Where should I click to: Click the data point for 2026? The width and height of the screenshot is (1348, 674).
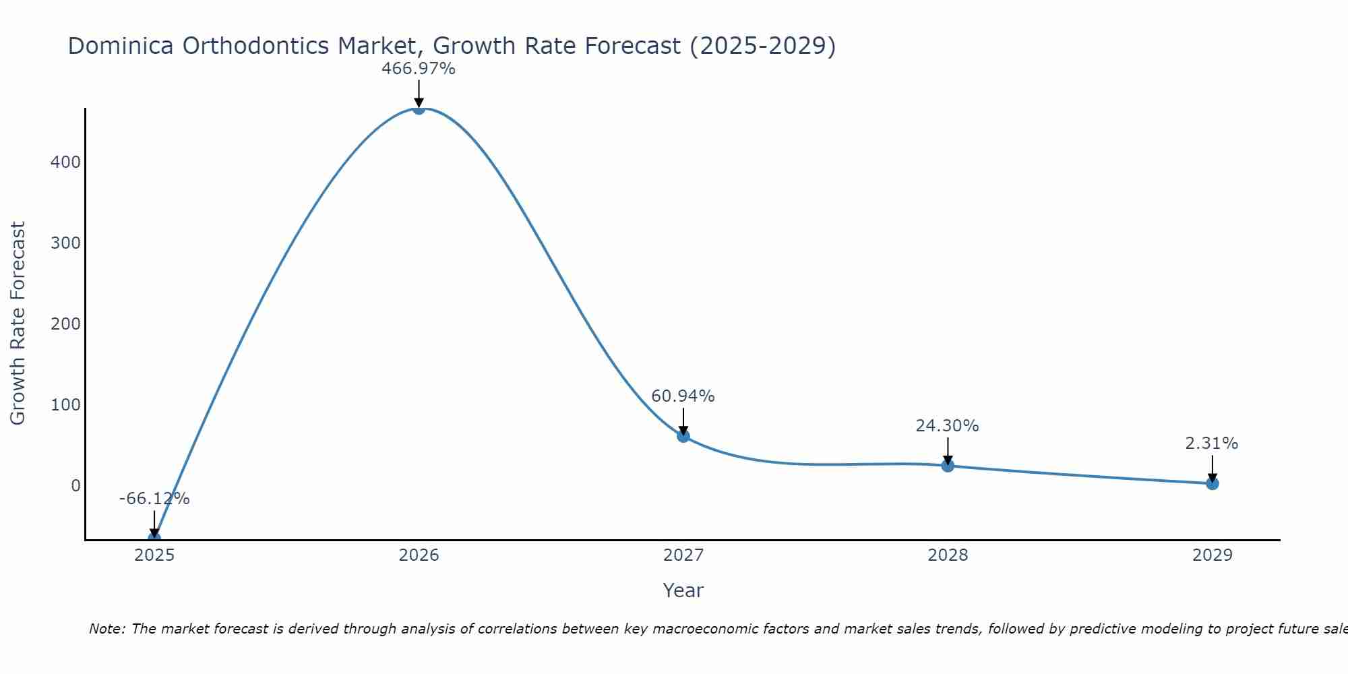(x=419, y=109)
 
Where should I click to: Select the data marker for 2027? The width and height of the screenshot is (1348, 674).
(x=683, y=436)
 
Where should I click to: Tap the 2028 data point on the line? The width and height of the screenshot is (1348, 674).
(x=948, y=466)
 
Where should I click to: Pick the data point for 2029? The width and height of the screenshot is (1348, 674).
(x=1212, y=483)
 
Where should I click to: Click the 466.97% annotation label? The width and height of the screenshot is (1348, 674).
(x=419, y=69)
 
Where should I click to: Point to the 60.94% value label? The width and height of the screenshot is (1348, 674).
(x=683, y=396)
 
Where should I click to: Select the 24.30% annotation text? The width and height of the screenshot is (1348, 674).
(x=947, y=426)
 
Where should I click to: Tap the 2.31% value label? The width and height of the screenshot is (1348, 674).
(x=1211, y=443)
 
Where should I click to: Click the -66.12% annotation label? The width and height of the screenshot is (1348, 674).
(x=154, y=499)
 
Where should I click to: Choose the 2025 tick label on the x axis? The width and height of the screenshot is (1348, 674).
(x=154, y=555)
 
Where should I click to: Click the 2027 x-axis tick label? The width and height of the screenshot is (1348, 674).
(x=683, y=555)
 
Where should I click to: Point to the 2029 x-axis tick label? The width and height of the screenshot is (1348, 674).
(x=1212, y=555)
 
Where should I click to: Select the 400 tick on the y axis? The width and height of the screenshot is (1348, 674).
(x=65, y=162)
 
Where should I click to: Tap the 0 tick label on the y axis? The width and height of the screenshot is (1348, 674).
(x=75, y=485)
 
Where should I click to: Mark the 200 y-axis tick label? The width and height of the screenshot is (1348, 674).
(x=65, y=324)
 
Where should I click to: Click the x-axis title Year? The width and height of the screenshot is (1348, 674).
(x=683, y=590)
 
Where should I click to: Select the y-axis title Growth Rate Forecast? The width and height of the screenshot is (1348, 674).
(x=18, y=324)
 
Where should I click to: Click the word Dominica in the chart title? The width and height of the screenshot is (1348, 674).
(x=121, y=46)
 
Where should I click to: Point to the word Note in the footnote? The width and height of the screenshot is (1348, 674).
(x=106, y=629)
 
